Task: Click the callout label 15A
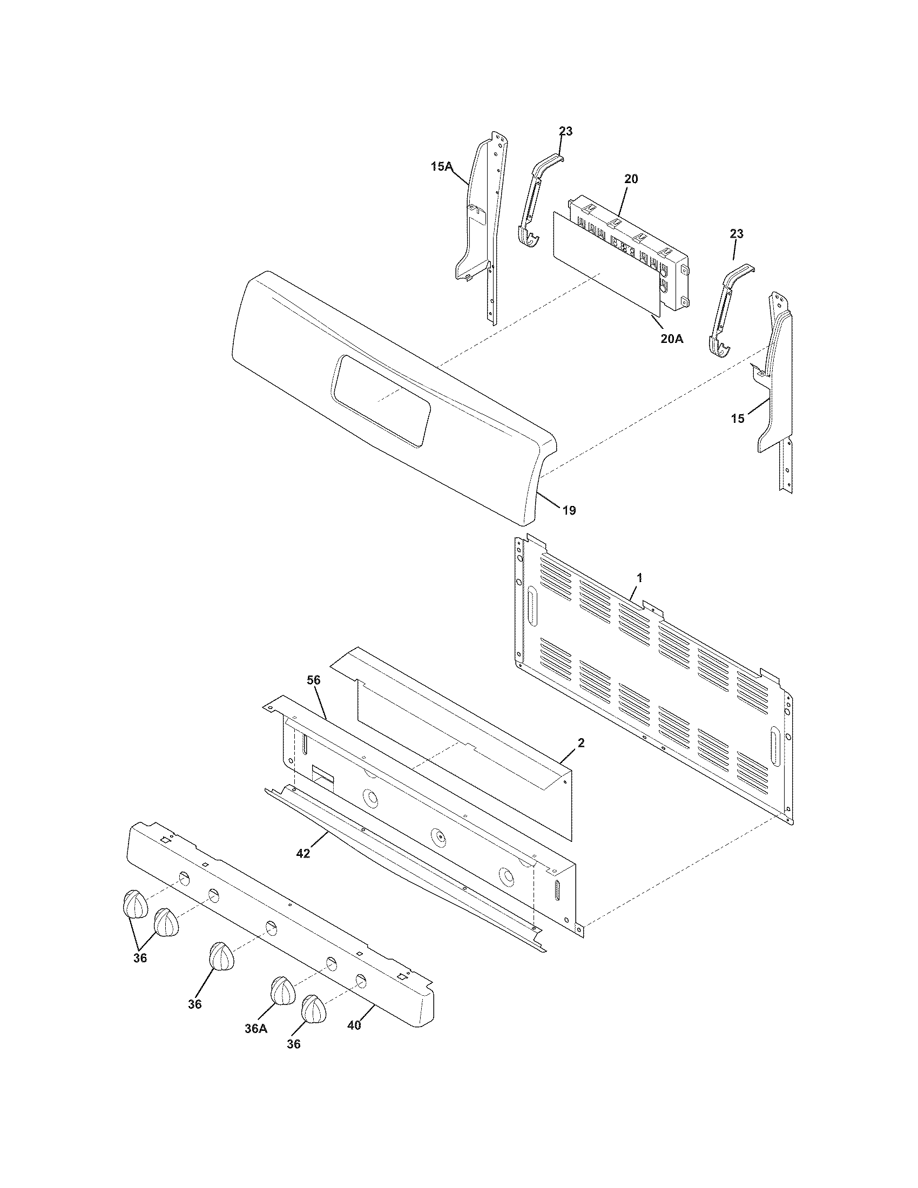tap(442, 166)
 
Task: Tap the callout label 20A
tap(672, 339)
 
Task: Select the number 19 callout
tap(569, 510)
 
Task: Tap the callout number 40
tap(354, 1025)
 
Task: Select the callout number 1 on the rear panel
tap(639, 578)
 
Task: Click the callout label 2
tap(581, 743)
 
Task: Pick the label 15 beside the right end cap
tap(738, 419)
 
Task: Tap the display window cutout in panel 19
tap(381, 401)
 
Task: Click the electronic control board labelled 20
tap(631, 245)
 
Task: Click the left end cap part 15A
tap(478, 218)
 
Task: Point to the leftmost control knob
tap(133, 905)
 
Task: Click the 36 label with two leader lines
tap(140, 958)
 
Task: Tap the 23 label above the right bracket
tap(736, 234)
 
